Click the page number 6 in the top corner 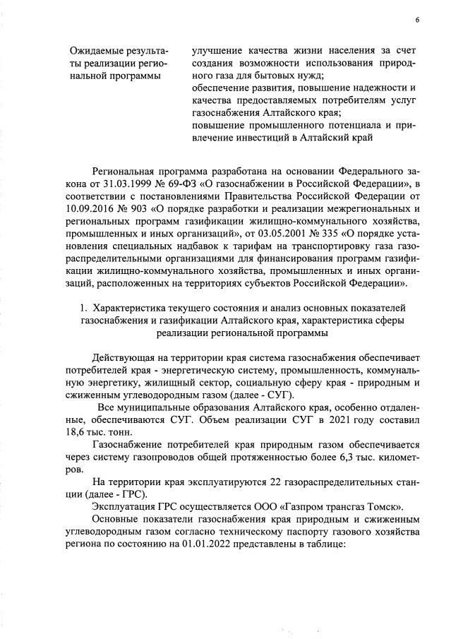416,20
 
